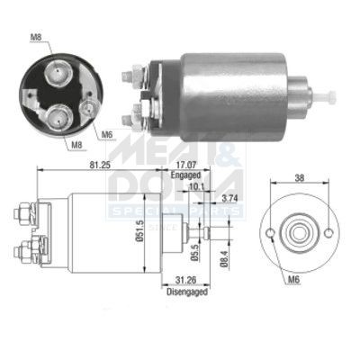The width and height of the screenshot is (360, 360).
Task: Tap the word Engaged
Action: (187, 177)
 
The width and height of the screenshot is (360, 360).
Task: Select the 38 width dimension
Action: (299, 178)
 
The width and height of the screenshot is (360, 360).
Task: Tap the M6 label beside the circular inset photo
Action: (106, 135)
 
